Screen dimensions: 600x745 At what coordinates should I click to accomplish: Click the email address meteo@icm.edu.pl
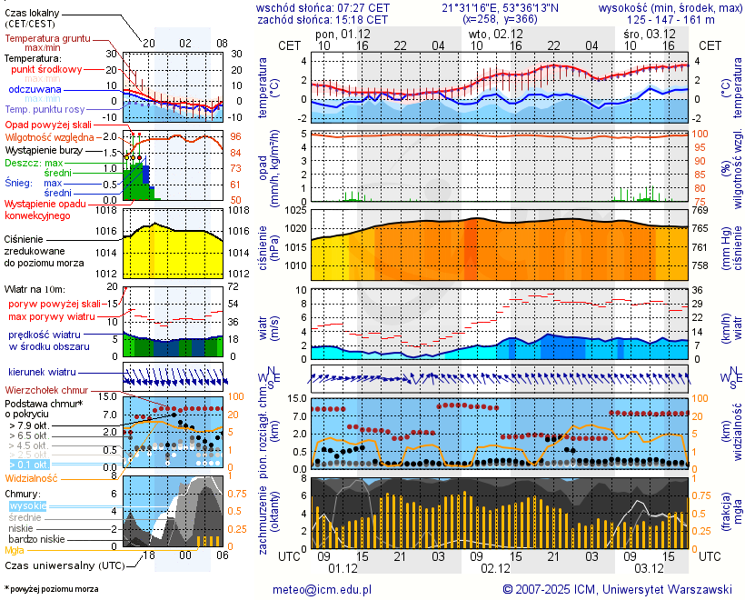323,589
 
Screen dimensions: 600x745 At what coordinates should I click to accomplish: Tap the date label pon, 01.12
343,34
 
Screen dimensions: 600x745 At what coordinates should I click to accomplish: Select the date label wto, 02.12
496,34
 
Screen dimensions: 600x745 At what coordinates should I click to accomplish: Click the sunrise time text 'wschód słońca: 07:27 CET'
323,7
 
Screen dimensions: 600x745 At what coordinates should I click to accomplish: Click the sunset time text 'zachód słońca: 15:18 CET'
323,19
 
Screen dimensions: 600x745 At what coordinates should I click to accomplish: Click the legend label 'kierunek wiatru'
43,373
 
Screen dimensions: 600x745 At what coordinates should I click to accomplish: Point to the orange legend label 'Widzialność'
32,477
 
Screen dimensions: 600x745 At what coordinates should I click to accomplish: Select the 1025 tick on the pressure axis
293,210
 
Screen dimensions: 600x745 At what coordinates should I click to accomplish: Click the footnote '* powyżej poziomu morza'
51,589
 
